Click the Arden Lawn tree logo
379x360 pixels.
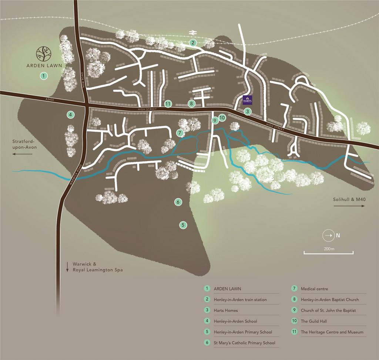[44, 54]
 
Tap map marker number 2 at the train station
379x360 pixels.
[192, 43]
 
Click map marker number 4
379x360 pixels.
[70, 115]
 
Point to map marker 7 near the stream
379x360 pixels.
[180, 133]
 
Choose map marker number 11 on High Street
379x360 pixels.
[168, 104]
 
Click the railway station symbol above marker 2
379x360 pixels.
[192, 33]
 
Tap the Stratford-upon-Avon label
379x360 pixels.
[24, 144]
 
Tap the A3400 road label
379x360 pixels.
[48, 99]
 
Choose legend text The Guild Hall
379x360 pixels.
[314, 321]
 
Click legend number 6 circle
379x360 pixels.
[207, 343]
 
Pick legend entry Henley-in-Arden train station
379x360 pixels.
[240, 300]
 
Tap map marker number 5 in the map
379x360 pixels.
[182, 225]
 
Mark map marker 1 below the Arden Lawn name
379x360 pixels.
[44, 76]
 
